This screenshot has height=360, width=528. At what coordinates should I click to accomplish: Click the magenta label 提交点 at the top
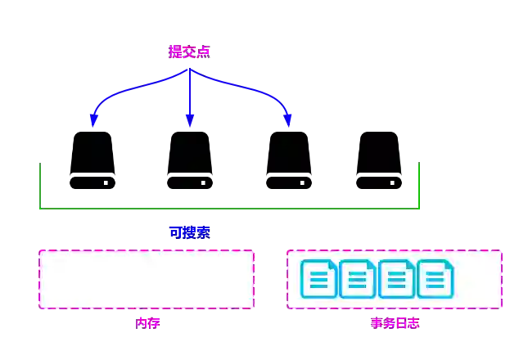[189, 52]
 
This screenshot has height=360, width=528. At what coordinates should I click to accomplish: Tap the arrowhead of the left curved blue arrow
[93, 122]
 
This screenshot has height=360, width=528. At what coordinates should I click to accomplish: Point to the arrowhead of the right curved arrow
[287, 122]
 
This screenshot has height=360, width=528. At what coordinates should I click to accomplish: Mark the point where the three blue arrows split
[190, 70]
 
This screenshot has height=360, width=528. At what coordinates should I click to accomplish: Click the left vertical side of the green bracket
[42, 182]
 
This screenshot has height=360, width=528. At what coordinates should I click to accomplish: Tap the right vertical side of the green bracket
[421, 182]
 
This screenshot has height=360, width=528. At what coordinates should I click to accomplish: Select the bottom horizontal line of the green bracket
[231, 205]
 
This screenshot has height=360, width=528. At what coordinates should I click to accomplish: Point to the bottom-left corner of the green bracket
[43, 205]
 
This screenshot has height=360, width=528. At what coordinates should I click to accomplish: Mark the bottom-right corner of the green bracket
[421, 205]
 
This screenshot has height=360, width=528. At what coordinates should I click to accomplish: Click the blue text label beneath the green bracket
[189, 232]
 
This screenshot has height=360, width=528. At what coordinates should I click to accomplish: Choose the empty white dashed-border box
[147, 279]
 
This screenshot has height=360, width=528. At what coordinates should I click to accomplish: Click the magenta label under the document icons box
[395, 323]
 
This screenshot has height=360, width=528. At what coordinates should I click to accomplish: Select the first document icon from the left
[318, 279]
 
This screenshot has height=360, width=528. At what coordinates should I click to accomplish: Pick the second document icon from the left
[357, 279]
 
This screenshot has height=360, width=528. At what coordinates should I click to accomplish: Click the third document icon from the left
[396, 279]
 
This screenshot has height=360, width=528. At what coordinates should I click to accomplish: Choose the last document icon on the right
[435, 279]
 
